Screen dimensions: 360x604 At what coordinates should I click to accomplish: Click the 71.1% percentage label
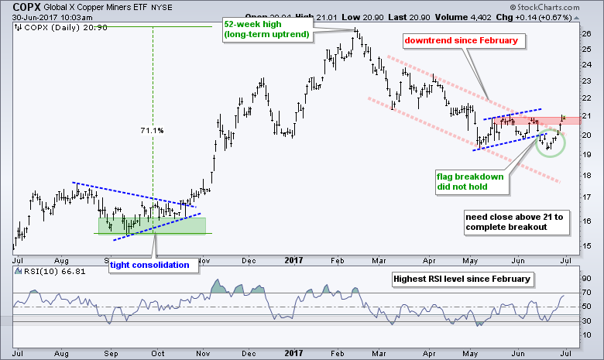pos(152,130)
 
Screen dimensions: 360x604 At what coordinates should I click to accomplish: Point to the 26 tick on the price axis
pos(588,33)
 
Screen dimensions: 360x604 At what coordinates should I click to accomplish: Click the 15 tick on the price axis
pos(588,246)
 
